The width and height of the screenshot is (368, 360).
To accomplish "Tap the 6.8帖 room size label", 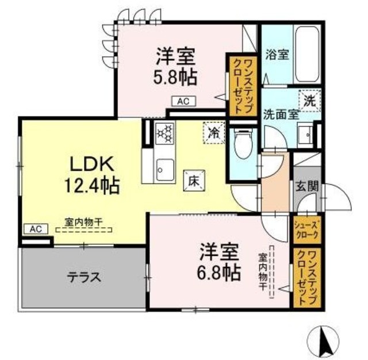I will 220,271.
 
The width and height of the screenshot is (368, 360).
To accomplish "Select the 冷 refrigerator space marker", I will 212,133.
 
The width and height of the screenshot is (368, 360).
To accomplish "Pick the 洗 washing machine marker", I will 309,99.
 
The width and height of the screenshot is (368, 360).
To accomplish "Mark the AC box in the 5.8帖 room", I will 183,102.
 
